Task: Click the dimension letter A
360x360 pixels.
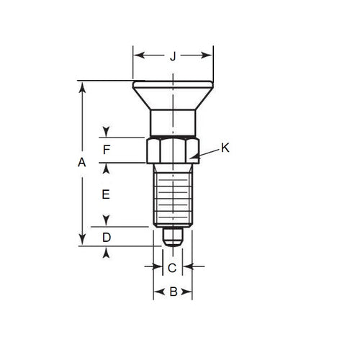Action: pyautogui.click(x=82, y=163)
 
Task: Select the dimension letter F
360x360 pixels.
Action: pyautogui.click(x=106, y=150)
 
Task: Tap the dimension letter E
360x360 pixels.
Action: pyautogui.click(x=106, y=194)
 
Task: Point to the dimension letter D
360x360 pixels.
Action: pyautogui.click(x=106, y=238)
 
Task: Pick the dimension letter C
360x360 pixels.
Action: pyautogui.click(x=172, y=268)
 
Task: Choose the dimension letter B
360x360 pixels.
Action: pyautogui.click(x=172, y=292)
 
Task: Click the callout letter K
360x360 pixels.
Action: pyautogui.click(x=225, y=148)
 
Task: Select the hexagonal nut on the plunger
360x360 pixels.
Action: pyautogui.click(x=172, y=150)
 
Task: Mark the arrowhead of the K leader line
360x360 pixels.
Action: pyautogui.click(x=196, y=157)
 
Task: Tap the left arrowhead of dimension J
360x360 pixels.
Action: pyautogui.click(x=138, y=55)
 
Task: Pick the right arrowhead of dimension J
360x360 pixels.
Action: pyautogui.click(x=209, y=55)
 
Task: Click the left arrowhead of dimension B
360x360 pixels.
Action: pyautogui.click(x=157, y=292)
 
